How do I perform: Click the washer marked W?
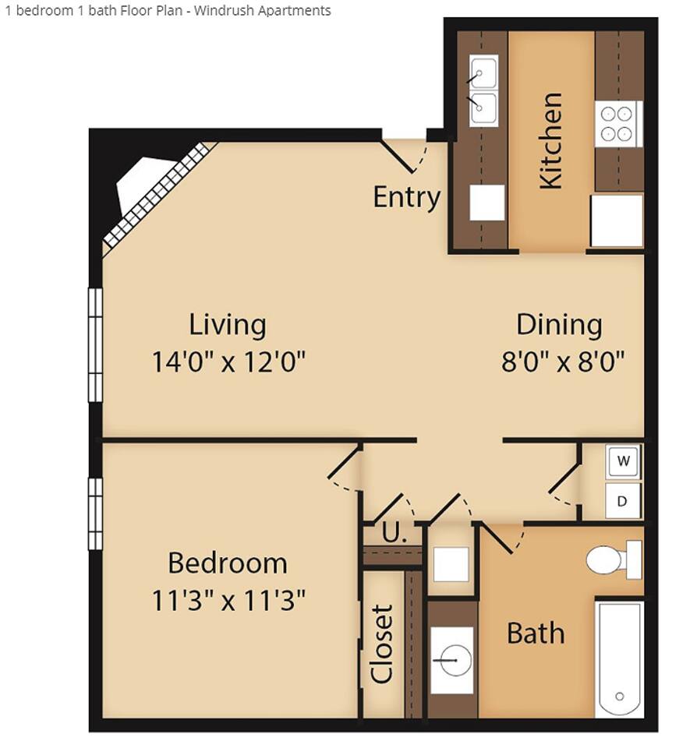pyautogui.click(x=623, y=461)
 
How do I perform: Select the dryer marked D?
pyautogui.click(x=622, y=501)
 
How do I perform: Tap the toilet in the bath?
pyautogui.click(x=613, y=559)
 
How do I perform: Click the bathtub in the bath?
pyautogui.click(x=620, y=659)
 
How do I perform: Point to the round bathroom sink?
pyautogui.click(x=452, y=658)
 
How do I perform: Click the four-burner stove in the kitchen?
pyautogui.click(x=617, y=124)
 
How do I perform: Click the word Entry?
pyautogui.click(x=406, y=197)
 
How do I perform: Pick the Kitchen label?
pyautogui.click(x=550, y=140)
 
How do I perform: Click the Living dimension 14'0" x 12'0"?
pyautogui.click(x=228, y=362)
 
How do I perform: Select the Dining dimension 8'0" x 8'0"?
pyautogui.click(x=559, y=362)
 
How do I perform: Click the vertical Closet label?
pyautogui.click(x=382, y=644)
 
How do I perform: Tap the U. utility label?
pyautogui.click(x=395, y=535)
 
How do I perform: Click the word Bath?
pyautogui.click(x=536, y=633)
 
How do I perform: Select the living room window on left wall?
pyautogui.click(x=95, y=344)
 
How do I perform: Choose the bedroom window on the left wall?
pyautogui.click(x=95, y=513)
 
